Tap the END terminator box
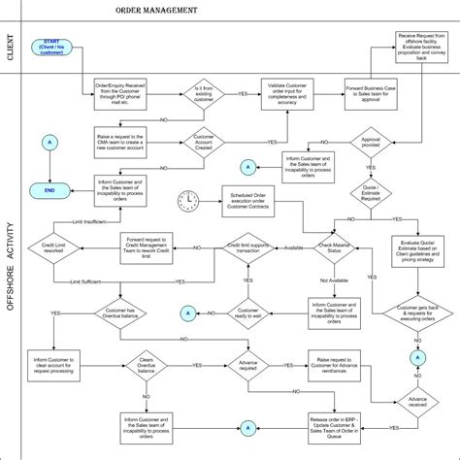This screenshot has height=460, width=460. (x=49, y=191)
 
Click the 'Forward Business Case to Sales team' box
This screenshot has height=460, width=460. (x=374, y=94)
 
